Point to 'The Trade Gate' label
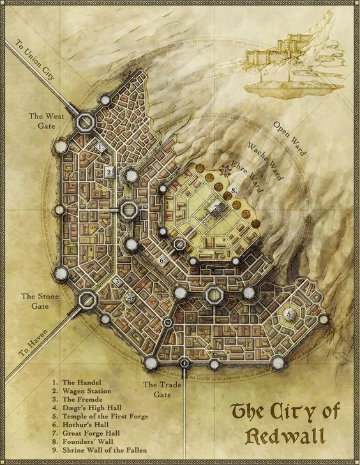(x=159, y=389)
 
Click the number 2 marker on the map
(x=110, y=172)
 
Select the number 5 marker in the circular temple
(x=289, y=314)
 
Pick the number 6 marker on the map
(x=162, y=260)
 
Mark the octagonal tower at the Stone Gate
(x=86, y=299)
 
